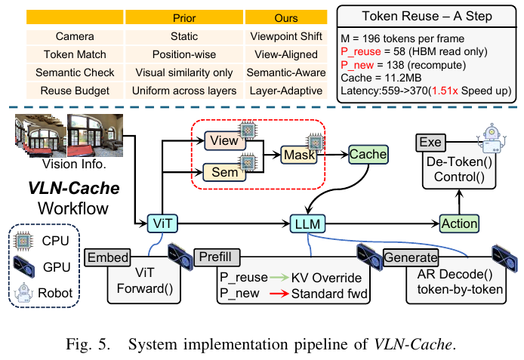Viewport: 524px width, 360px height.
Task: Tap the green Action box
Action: pos(459,223)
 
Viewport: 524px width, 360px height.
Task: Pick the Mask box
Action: pos(299,154)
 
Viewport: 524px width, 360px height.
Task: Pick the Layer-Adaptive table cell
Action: pos(288,91)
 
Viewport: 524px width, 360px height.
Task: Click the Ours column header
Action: pos(288,17)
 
